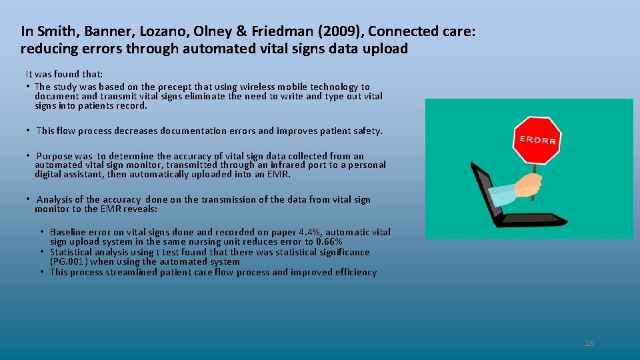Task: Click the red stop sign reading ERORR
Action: tap(536, 139)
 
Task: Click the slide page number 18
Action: tap(588, 343)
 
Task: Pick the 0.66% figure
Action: tap(328, 241)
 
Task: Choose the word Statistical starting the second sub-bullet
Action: tap(72, 252)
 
